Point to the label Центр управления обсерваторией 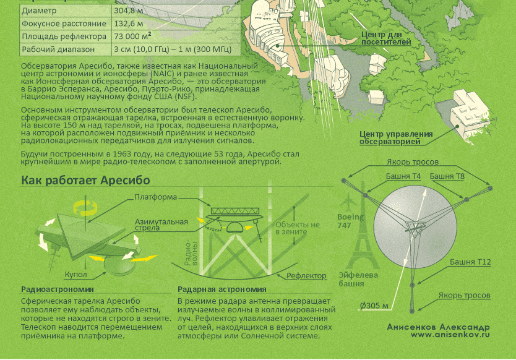(396, 138)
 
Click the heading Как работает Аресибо (85, 181)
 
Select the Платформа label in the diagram (156, 197)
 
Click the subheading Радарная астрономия (221, 289)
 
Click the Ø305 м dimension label (374, 306)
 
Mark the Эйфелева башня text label (355, 280)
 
